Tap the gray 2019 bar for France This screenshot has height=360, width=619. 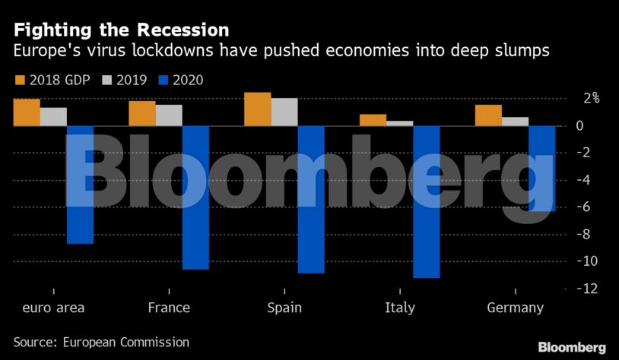[x=169, y=115]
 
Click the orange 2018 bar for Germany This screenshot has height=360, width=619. [x=488, y=115]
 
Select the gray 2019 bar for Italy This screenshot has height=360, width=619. [x=400, y=123]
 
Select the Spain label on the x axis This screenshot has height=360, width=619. [x=284, y=308]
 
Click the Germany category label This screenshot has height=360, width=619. [x=515, y=308]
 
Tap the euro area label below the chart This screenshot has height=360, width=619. [x=53, y=308]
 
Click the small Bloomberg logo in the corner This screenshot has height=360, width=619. [x=572, y=347]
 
